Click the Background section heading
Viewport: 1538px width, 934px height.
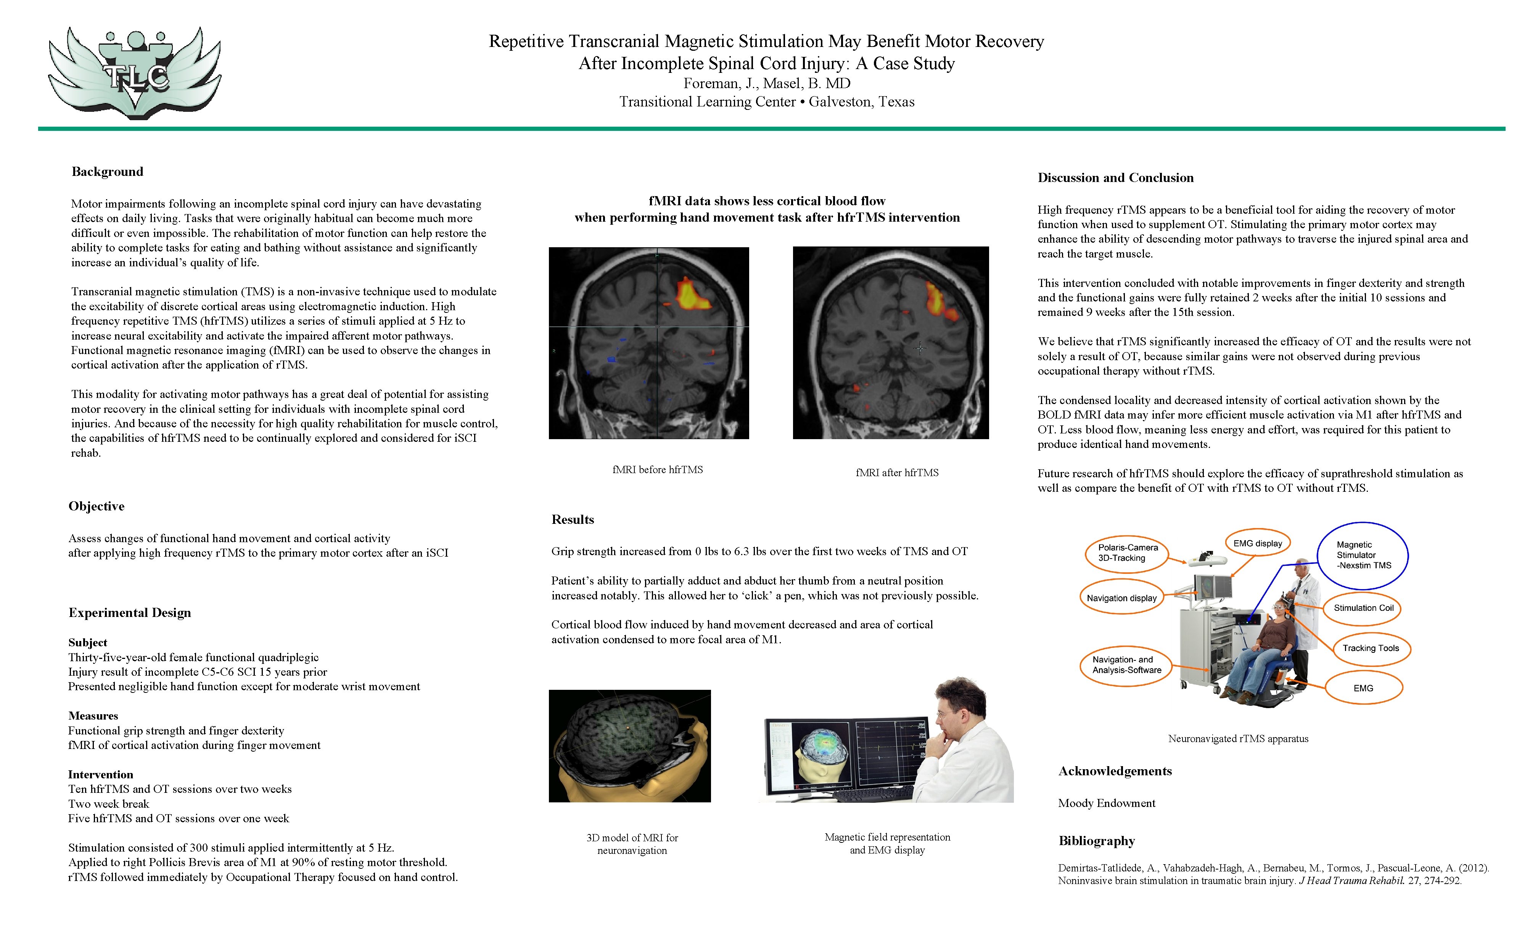pos(107,172)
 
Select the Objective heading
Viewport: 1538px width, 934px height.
pos(97,506)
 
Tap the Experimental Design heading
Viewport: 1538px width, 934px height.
pos(130,612)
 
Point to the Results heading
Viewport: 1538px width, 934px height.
pos(573,519)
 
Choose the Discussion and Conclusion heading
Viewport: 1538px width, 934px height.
pos(1115,178)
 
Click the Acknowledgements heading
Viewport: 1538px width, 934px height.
pos(1115,771)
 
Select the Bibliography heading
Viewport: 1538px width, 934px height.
pos(1096,841)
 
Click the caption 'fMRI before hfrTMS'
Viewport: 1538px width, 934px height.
pos(657,470)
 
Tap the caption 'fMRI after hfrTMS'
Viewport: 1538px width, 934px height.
pos(896,473)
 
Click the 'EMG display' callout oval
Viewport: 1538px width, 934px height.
pos(1257,543)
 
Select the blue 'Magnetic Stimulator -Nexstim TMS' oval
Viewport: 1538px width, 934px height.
pos(1363,555)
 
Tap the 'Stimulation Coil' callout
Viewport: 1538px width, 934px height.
pos(1363,607)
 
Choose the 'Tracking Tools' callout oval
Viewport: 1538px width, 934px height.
pos(1371,648)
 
